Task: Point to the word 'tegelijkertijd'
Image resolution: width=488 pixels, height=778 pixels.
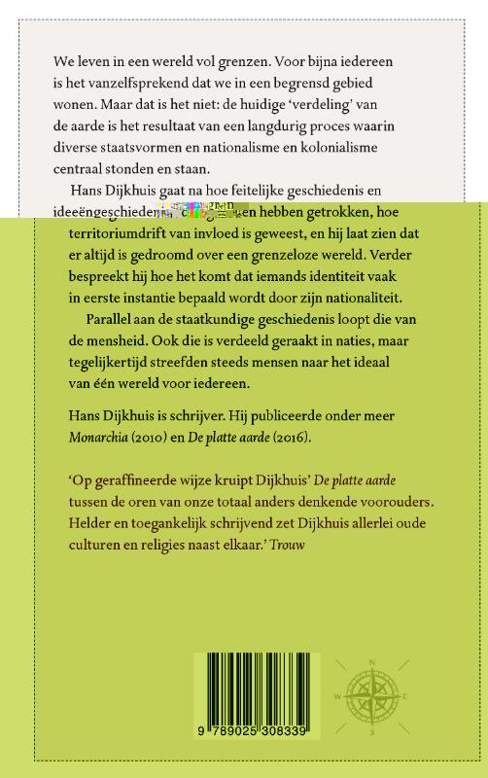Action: point(98,362)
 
